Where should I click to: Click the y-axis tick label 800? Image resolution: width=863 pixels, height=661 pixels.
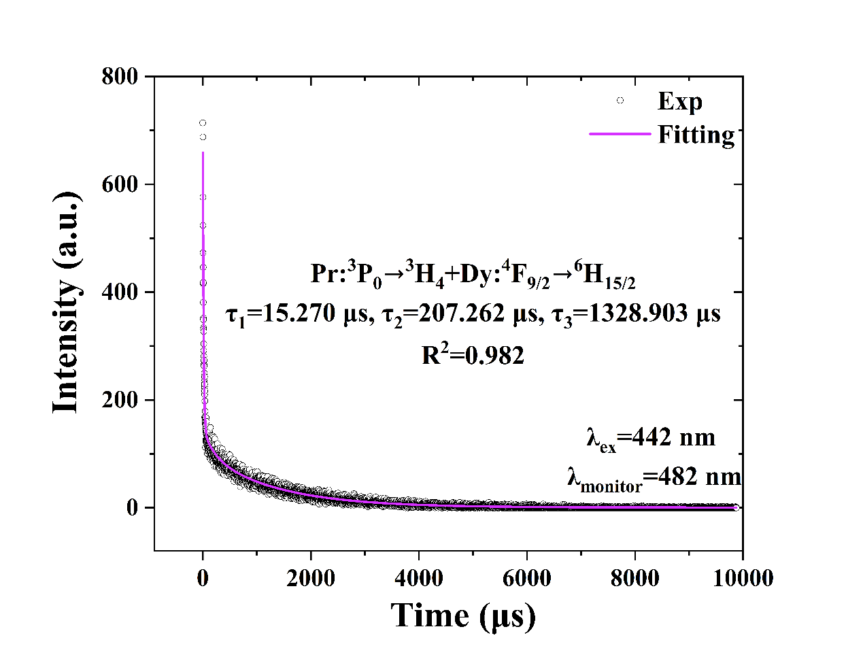click(x=120, y=76)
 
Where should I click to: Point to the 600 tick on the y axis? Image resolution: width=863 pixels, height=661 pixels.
click(x=120, y=184)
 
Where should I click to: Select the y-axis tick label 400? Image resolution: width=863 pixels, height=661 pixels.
click(x=120, y=292)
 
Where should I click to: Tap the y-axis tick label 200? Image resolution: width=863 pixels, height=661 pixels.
click(x=120, y=400)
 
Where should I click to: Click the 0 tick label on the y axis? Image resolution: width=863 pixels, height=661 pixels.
click(x=132, y=507)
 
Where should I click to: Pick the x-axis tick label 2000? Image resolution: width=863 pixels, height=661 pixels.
click(x=311, y=578)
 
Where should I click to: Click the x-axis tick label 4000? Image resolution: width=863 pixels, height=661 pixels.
click(x=419, y=578)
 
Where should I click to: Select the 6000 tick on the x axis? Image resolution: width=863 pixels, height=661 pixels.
click(x=527, y=578)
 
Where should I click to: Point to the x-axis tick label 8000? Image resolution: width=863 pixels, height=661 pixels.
click(x=635, y=578)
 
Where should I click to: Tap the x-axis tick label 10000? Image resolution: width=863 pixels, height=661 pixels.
click(x=742, y=578)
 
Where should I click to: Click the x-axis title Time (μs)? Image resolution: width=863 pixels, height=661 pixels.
click(x=463, y=615)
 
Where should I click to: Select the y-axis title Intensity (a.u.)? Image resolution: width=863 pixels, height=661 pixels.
click(x=66, y=302)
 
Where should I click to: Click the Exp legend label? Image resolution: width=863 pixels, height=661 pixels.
click(x=679, y=101)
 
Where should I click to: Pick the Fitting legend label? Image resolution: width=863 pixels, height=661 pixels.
click(x=696, y=134)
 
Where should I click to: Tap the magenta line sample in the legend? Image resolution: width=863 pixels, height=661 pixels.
click(x=620, y=134)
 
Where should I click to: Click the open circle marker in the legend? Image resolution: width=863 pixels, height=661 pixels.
click(x=620, y=101)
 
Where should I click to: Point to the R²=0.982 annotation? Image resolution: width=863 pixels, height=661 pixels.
click(x=473, y=354)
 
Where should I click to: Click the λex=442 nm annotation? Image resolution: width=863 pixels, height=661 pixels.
click(x=650, y=437)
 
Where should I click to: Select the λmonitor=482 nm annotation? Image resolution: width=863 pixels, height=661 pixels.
click(x=654, y=478)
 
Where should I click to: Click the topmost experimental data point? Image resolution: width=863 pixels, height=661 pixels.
click(x=203, y=123)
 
